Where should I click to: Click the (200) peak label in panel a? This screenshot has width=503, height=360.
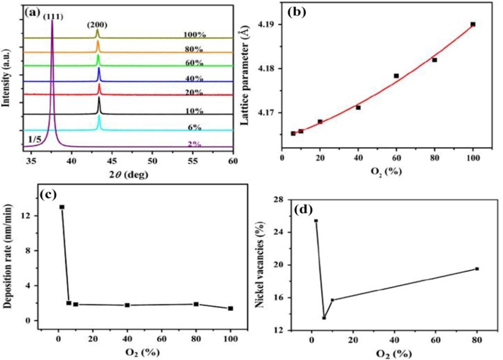coord(97,25)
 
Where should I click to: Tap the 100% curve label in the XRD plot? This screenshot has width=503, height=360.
coord(195,35)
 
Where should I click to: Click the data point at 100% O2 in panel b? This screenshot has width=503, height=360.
coord(473,24)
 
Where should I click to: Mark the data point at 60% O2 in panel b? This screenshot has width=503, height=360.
coord(396,76)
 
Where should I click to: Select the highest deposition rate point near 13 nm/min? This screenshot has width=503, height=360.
coord(62,207)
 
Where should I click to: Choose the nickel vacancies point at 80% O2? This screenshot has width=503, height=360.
coord(477,269)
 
